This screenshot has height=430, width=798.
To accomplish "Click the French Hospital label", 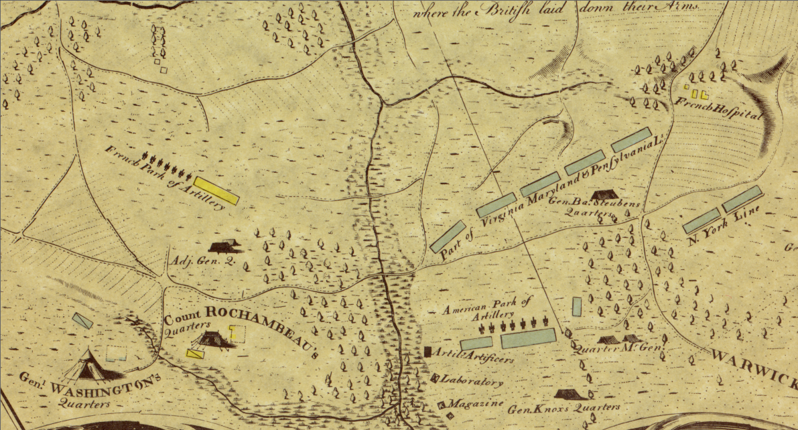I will pyautogui.click(x=718, y=108).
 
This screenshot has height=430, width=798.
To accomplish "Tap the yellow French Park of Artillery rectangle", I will pyautogui.click(x=216, y=190).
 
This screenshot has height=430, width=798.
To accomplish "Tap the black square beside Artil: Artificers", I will pyautogui.click(x=427, y=351).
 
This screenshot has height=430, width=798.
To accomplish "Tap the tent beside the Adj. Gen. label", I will pyautogui.click(x=224, y=246).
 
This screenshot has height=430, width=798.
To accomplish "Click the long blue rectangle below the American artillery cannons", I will pyautogui.click(x=529, y=338).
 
